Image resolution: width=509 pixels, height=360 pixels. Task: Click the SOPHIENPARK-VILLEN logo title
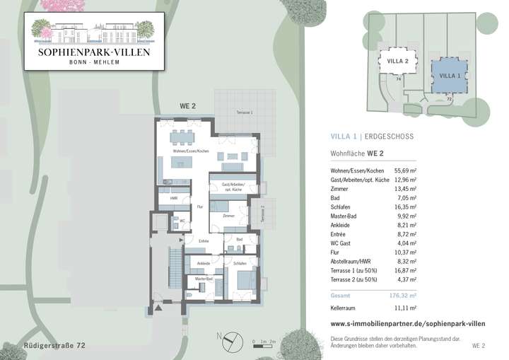[89, 52]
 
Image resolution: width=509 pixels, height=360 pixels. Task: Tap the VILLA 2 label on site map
[398, 62]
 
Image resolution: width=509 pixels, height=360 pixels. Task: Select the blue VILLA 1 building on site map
[450, 75]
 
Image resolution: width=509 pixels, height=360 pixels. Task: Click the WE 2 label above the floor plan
[187, 107]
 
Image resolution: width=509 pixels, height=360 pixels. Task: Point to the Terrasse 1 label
[244, 112]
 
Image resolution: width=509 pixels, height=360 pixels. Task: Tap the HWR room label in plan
[173, 199]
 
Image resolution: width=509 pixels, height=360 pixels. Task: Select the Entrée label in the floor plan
[204, 242]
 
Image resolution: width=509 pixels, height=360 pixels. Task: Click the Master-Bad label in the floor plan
[204, 279]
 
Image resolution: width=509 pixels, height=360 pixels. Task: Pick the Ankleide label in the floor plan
[203, 262]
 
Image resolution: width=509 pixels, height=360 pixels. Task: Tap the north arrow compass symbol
[228, 342]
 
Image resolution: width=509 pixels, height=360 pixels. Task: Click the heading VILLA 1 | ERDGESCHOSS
[372, 137]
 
